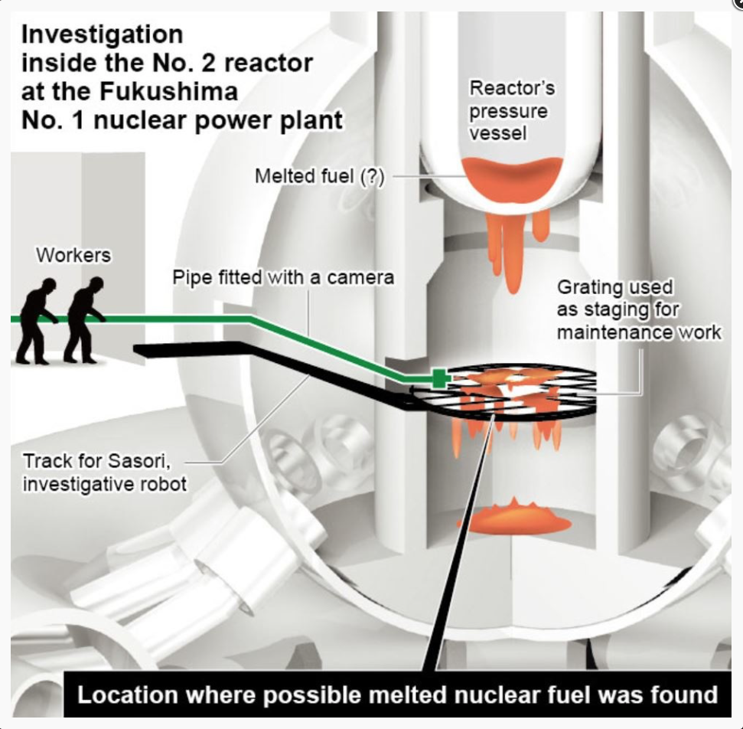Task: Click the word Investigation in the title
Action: [x=102, y=34]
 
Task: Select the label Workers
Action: [x=73, y=255]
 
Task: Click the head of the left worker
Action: [x=48, y=286]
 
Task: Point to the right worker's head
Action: [x=96, y=285]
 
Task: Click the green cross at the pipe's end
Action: [x=440, y=378]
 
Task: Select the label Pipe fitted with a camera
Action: [x=283, y=277]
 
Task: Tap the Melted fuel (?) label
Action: [x=320, y=176]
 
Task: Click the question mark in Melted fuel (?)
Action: [x=373, y=176]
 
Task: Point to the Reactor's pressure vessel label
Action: [x=512, y=110]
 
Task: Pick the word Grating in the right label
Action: [x=590, y=287]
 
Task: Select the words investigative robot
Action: [x=105, y=484]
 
